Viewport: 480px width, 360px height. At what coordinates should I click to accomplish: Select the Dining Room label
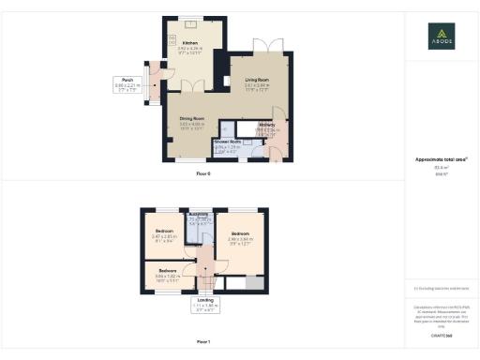coord(191,123)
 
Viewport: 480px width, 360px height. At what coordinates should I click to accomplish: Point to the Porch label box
coord(127,85)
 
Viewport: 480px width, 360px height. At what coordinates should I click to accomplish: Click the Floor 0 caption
coord(203,174)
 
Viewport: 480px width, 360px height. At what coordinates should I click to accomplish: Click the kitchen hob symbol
coord(173,39)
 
